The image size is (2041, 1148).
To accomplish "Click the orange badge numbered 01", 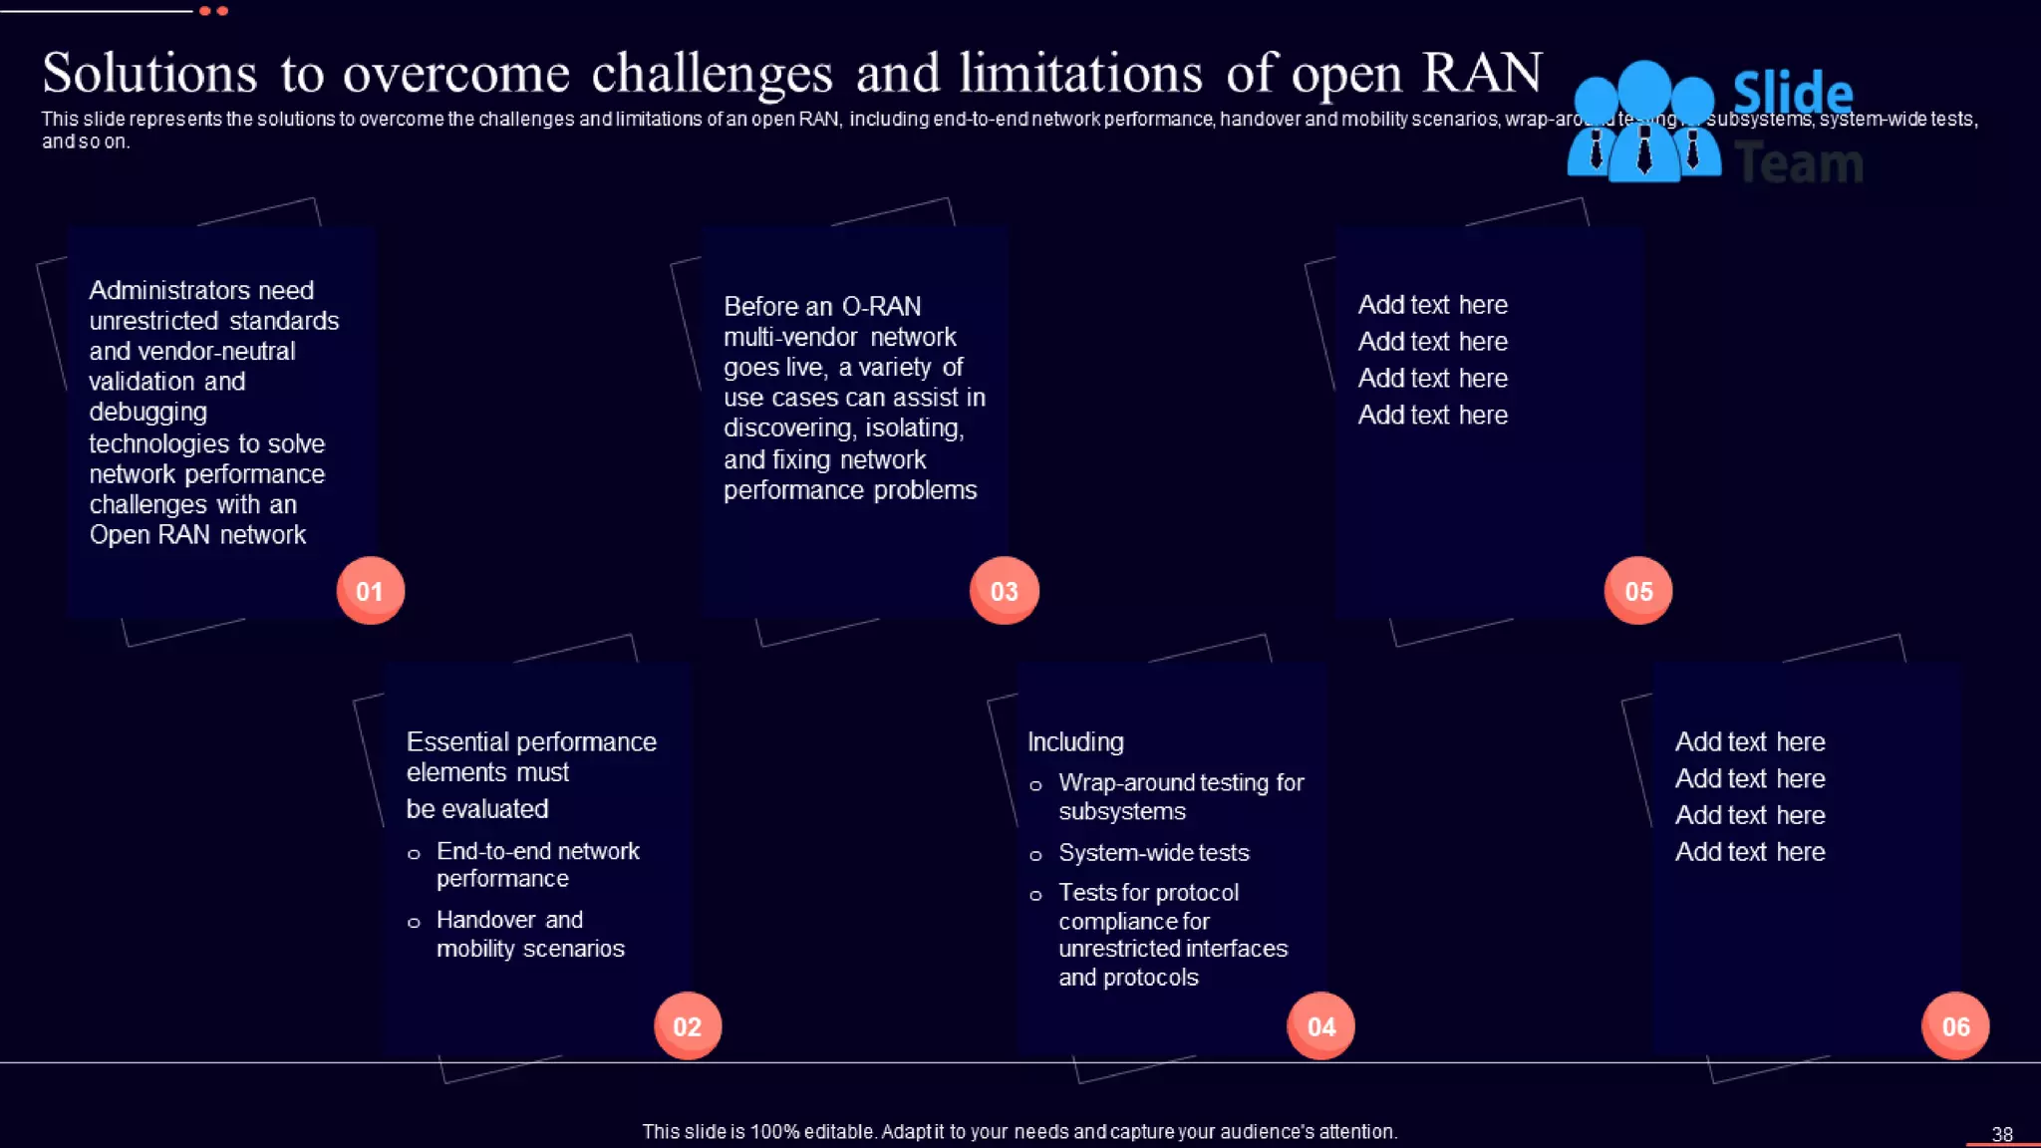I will pos(370,591).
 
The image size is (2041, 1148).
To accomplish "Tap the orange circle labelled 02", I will pos(688,1026).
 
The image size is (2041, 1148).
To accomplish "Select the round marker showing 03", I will pos(1004,591).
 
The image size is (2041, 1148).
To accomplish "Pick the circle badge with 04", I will pos(1320,1026).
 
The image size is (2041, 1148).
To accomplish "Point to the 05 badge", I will pos(1638,591).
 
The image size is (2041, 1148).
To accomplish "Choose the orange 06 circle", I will pos(1955,1026).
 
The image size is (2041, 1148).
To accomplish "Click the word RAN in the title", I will pos(1482,73).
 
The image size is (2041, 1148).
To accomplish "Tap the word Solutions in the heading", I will pos(149,73).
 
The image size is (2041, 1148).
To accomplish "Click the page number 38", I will pos(2002,1134).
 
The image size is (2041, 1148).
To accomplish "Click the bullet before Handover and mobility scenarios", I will pos(414,923).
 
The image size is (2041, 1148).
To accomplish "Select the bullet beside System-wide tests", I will pos(1035,855).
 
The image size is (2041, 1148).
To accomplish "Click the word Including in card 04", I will pos(1075,741).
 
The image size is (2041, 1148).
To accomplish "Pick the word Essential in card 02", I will pos(457,741).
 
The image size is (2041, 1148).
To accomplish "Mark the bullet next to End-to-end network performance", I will pos(414,854).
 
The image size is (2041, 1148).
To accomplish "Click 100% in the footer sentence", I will pos(774,1132).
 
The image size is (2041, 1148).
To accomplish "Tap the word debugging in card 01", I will pos(147,412).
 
